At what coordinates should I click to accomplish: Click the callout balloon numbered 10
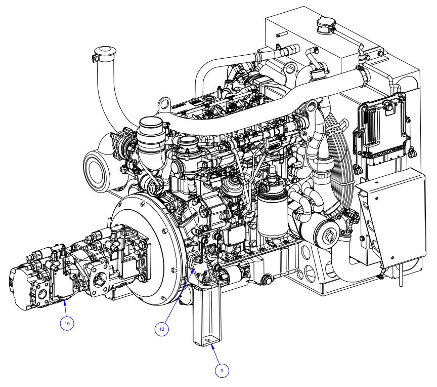click(x=68, y=323)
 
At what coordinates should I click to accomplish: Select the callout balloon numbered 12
click(x=162, y=328)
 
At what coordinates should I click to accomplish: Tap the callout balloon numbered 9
click(x=222, y=370)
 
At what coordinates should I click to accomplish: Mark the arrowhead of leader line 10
click(x=65, y=302)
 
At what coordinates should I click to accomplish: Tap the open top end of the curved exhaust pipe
click(x=103, y=51)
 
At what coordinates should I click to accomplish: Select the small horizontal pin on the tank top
click(x=280, y=35)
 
